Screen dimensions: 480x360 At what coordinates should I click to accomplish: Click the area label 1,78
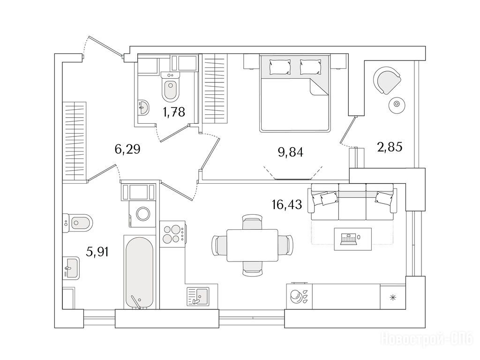[174, 112]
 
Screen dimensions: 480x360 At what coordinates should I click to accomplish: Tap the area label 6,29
[127, 149]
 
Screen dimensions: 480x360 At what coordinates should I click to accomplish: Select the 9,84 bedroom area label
[291, 152]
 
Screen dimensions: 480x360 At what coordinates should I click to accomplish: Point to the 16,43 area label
[287, 204]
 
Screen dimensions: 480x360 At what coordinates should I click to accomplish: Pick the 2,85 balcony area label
[390, 147]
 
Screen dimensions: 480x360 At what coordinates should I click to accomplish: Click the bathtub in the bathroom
[139, 272]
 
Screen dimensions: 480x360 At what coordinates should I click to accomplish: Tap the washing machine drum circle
[142, 213]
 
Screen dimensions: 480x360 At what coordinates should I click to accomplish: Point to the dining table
[252, 245]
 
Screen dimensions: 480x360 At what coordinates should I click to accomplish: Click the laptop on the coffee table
[349, 239]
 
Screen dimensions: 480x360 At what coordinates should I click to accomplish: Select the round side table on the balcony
[397, 104]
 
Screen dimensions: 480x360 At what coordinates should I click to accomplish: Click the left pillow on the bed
[279, 67]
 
